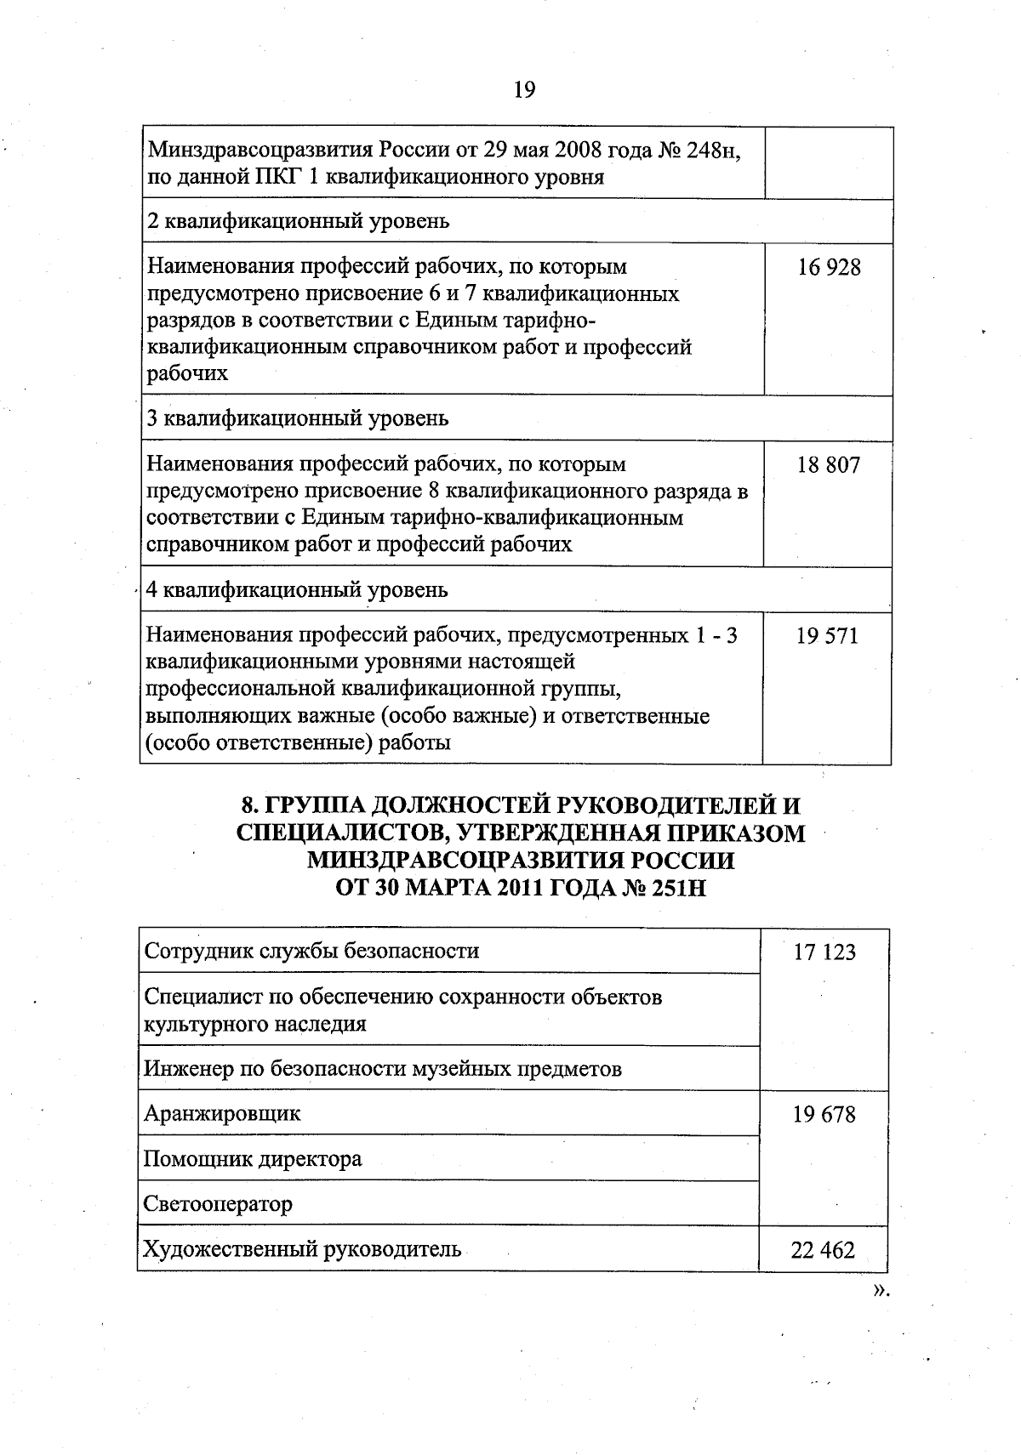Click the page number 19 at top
(524, 89)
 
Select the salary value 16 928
(829, 268)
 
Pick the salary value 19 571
(827, 636)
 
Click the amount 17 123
(824, 952)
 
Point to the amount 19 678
(824, 1115)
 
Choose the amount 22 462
(823, 1250)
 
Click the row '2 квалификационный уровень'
(299, 222)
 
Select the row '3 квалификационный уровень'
(297, 418)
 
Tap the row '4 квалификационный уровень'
(297, 589)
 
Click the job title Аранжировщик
(222, 1113)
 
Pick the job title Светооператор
(218, 1203)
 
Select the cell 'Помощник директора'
(253, 1158)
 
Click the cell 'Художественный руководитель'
(302, 1248)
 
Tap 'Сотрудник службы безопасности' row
(311, 950)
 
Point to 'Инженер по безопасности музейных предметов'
(382, 1068)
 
